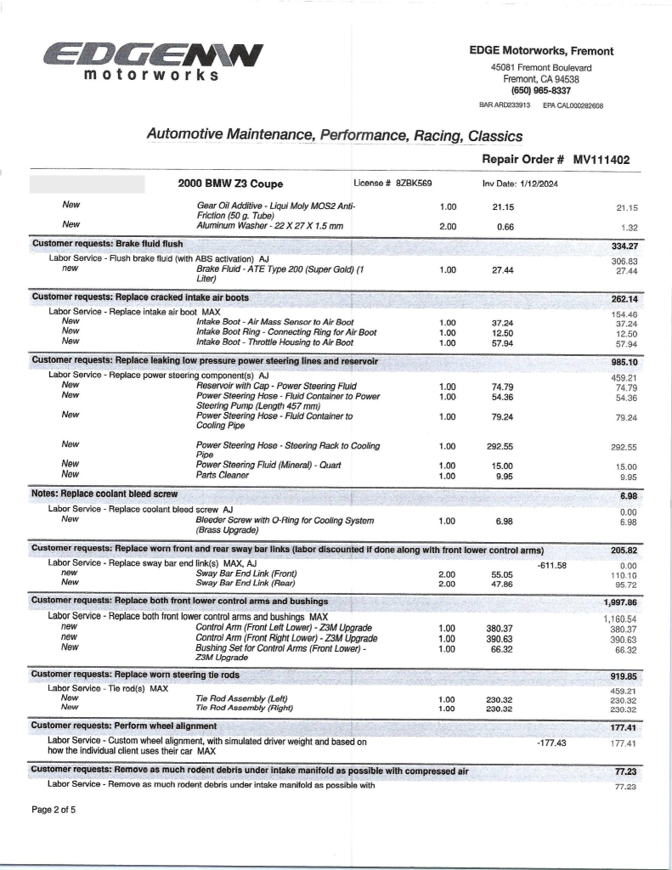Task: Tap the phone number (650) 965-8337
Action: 540,90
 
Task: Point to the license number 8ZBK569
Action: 414,183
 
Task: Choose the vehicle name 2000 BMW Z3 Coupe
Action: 230,184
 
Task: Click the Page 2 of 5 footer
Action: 54,810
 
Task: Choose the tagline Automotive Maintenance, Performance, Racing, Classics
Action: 335,135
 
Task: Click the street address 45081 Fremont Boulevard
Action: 541,68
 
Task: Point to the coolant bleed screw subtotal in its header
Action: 628,494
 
